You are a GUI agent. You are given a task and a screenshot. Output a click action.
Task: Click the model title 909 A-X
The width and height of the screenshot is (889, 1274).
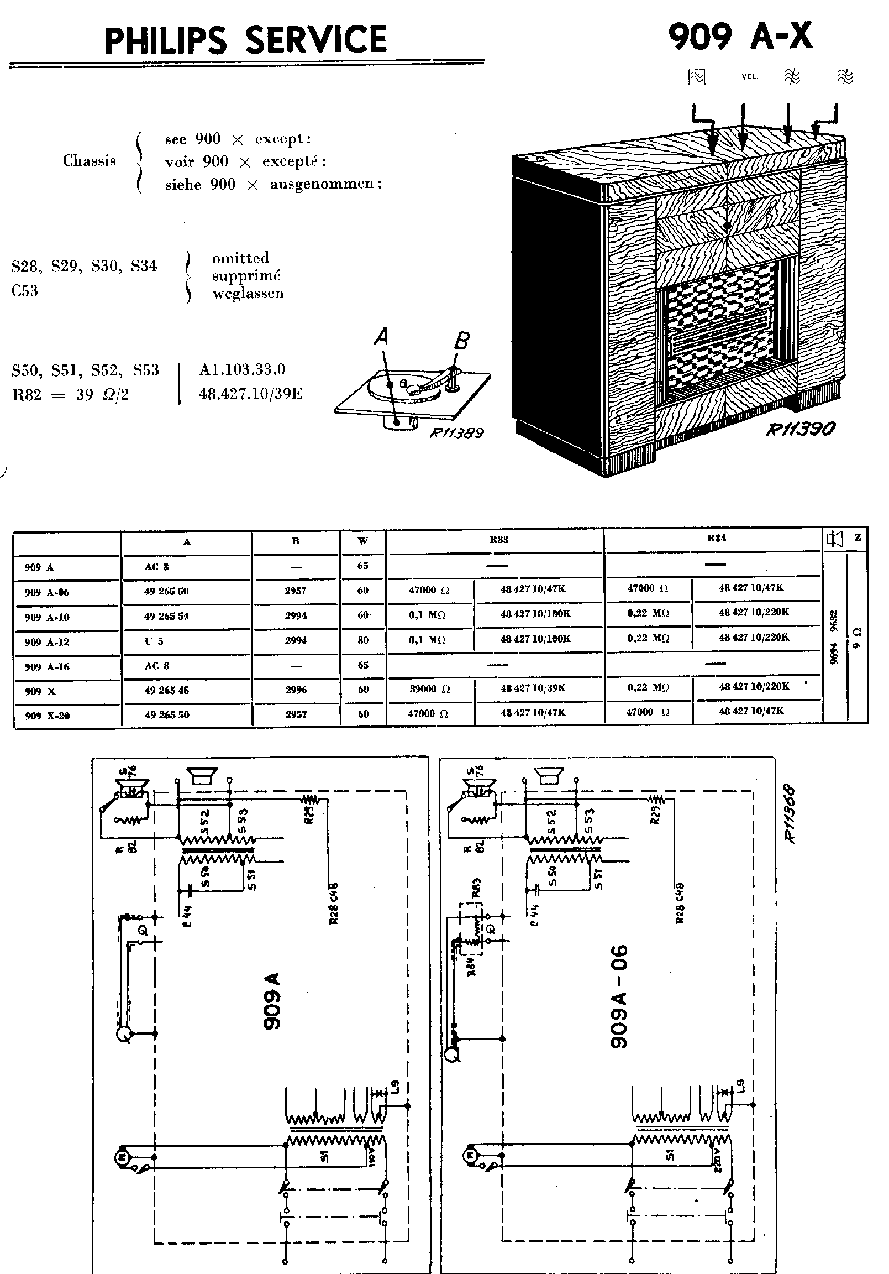click(x=740, y=36)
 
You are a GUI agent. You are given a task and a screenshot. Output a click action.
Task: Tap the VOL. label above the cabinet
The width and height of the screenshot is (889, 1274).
click(x=750, y=76)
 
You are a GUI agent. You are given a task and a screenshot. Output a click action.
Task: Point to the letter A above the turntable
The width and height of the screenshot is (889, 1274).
click(x=381, y=336)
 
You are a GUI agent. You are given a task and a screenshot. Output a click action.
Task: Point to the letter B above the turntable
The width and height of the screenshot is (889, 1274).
click(x=462, y=340)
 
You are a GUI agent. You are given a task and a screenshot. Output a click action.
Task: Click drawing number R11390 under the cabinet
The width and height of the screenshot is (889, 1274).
click(x=800, y=429)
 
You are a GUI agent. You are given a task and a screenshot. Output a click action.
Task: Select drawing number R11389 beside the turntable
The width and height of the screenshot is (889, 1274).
click(x=457, y=433)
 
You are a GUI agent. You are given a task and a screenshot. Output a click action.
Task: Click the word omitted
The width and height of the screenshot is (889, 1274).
click(x=240, y=258)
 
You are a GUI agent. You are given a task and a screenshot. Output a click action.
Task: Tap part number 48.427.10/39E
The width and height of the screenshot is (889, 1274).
click(x=251, y=394)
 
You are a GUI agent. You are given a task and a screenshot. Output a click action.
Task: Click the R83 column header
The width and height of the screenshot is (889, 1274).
click(x=498, y=539)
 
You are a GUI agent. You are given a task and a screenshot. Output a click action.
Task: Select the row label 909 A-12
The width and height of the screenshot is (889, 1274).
click(x=47, y=642)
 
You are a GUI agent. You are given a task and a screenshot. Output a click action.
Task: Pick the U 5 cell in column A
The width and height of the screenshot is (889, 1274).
click(x=154, y=641)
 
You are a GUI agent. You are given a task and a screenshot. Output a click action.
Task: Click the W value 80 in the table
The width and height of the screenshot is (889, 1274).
click(x=362, y=640)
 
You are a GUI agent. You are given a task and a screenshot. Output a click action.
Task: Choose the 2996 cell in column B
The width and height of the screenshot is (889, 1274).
click(x=296, y=690)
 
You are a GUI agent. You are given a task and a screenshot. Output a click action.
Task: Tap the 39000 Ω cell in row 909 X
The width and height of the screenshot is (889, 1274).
click(x=429, y=688)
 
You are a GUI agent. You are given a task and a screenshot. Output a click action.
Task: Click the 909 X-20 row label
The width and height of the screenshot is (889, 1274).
click(x=47, y=716)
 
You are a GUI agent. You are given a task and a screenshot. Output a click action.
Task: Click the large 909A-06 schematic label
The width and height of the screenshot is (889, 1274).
click(x=619, y=996)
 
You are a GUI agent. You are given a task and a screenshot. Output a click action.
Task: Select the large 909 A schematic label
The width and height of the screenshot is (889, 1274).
click(x=272, y=1000)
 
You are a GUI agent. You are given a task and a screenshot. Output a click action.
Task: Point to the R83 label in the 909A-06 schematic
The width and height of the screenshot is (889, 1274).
click(x=476, y=887)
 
